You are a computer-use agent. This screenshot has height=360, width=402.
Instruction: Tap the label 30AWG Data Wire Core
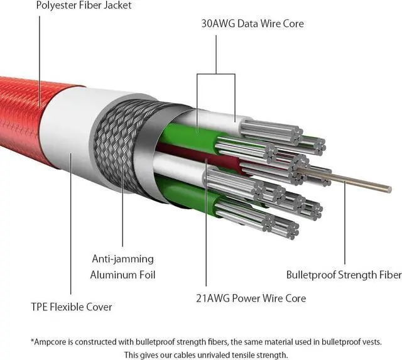[252, 24]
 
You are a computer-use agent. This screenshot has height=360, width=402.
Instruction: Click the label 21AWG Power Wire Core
[251, 298]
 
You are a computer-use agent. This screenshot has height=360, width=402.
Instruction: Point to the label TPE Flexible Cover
[71, 307]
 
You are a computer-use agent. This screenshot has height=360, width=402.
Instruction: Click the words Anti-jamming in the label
[122, 259]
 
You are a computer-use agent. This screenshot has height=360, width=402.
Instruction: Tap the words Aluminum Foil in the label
[122, 275]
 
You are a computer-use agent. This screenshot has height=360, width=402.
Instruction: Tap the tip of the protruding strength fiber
[389, 188]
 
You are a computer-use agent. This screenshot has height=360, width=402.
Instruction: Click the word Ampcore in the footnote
[54, 342]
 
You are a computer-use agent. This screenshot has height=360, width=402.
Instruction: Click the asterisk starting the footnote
[32, 341]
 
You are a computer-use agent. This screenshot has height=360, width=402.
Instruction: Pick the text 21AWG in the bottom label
[214, 298]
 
